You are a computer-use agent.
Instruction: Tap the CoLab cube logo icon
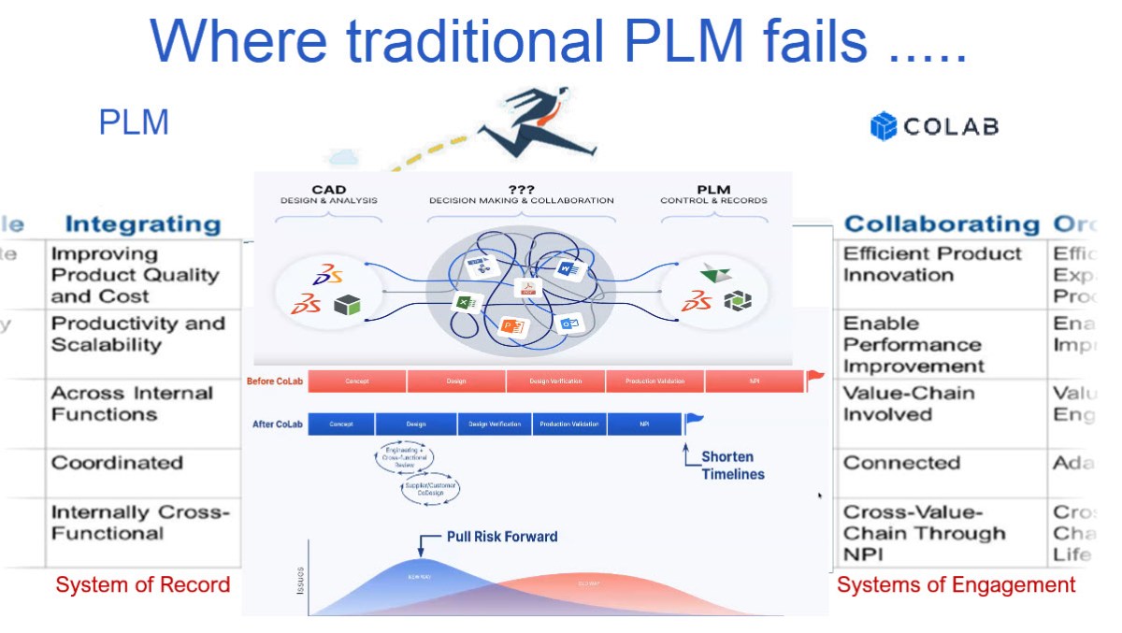pyautogui.click(x=883, y=126)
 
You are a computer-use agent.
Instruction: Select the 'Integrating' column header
pyautogui.click(x=142, y=224)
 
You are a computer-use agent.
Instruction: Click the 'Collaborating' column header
pyautogui.click(x=941, y=224)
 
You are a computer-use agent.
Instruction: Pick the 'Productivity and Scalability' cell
pyautogui.click(x=137, y=334)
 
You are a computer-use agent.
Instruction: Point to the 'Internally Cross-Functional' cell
pyautogui.click(x=139, y=523)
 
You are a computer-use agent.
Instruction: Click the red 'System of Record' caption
pyautogui.click(x=142, y=585)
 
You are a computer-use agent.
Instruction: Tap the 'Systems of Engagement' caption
pyautogui.click(x=956, y=585)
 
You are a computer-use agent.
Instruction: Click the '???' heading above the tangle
pyautogui.click(x=521, y=189)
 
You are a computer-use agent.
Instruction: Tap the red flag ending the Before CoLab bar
pyautogui.click(x=815, y=379)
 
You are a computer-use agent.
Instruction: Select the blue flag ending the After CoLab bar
pyautogui.click(x=694, y=422)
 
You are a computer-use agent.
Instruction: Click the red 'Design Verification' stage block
pyautogui.click(x=555, y=381)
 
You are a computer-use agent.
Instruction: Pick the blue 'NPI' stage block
pyautogui.click(x=644, y=424)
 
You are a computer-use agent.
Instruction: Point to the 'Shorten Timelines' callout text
pyautogui.click(x=732, y=466)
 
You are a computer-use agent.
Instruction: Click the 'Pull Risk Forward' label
pyautogui.click(x=501, y=537)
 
